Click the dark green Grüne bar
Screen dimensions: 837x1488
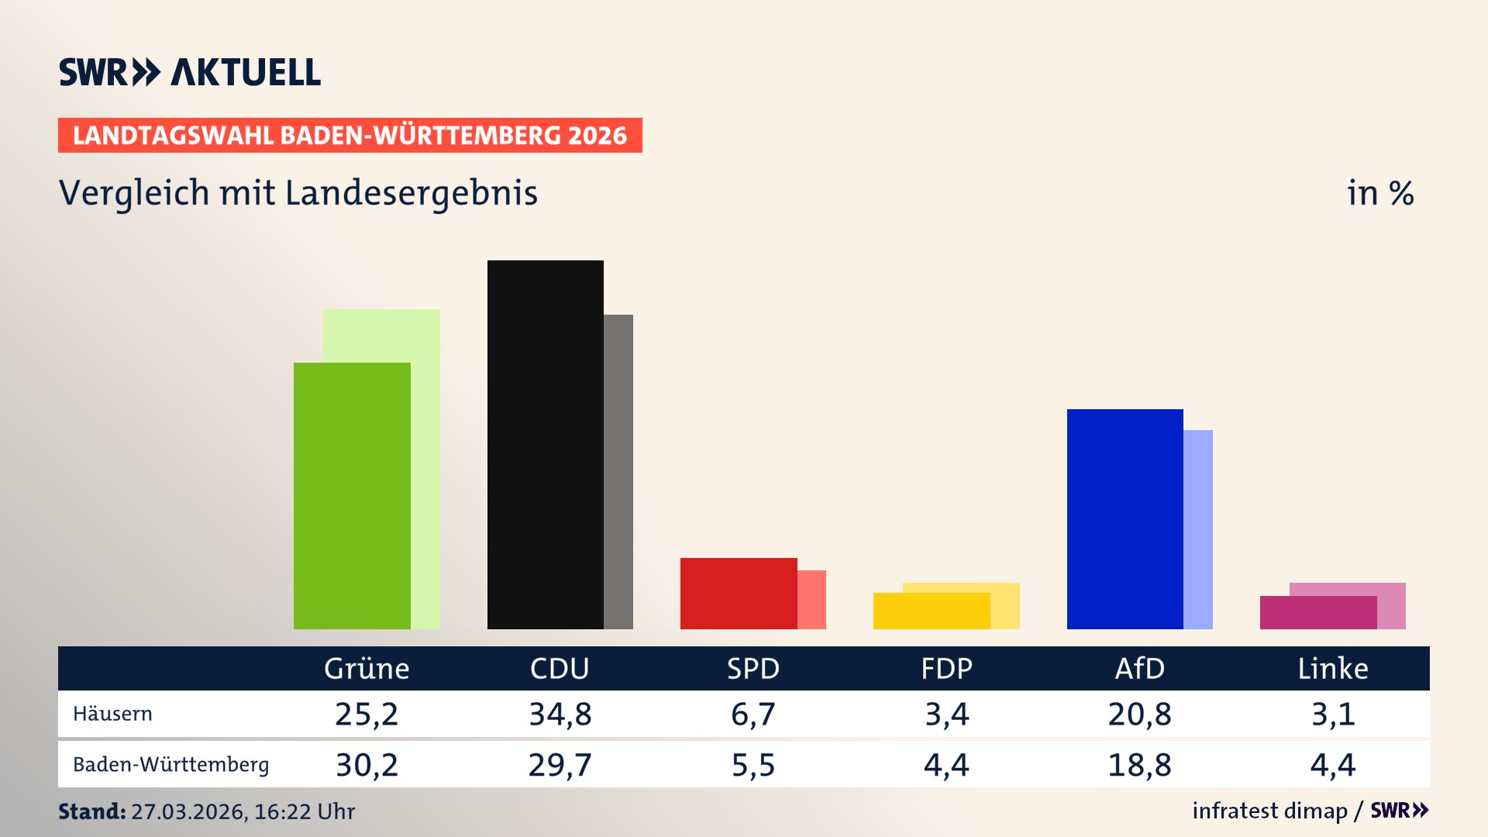tap(352, 496)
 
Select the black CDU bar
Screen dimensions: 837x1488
tap(545, 445)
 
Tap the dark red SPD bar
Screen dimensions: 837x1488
tap(738, 594)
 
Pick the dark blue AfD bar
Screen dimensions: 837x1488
tap(1125, 519)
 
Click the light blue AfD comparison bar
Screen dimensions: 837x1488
tap(1198, 530)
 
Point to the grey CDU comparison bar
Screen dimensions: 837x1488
tap(618, 472)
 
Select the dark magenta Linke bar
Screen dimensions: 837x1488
tap(1317, 613)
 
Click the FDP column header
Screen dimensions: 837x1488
tap(946, 669)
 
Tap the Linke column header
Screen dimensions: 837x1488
tap(1333, 669)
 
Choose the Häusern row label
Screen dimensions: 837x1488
tap(112, 714)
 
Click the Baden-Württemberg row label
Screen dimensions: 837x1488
tap(170, 765)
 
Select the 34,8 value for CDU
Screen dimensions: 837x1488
tap(560, 714)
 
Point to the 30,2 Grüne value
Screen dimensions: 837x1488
tap(367, 765)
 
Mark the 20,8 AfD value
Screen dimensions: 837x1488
tap(1139, 714)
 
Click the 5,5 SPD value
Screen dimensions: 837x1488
tap(753, 765)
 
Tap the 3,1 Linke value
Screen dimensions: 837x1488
tap(1333, 714)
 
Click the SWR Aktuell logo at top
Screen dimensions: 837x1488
tap(190, 72)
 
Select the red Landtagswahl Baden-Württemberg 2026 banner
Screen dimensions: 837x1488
tap(350, 136)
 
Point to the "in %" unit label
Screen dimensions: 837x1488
tap(1380, 193)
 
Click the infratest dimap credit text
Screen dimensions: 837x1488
tap(1269, 811)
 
